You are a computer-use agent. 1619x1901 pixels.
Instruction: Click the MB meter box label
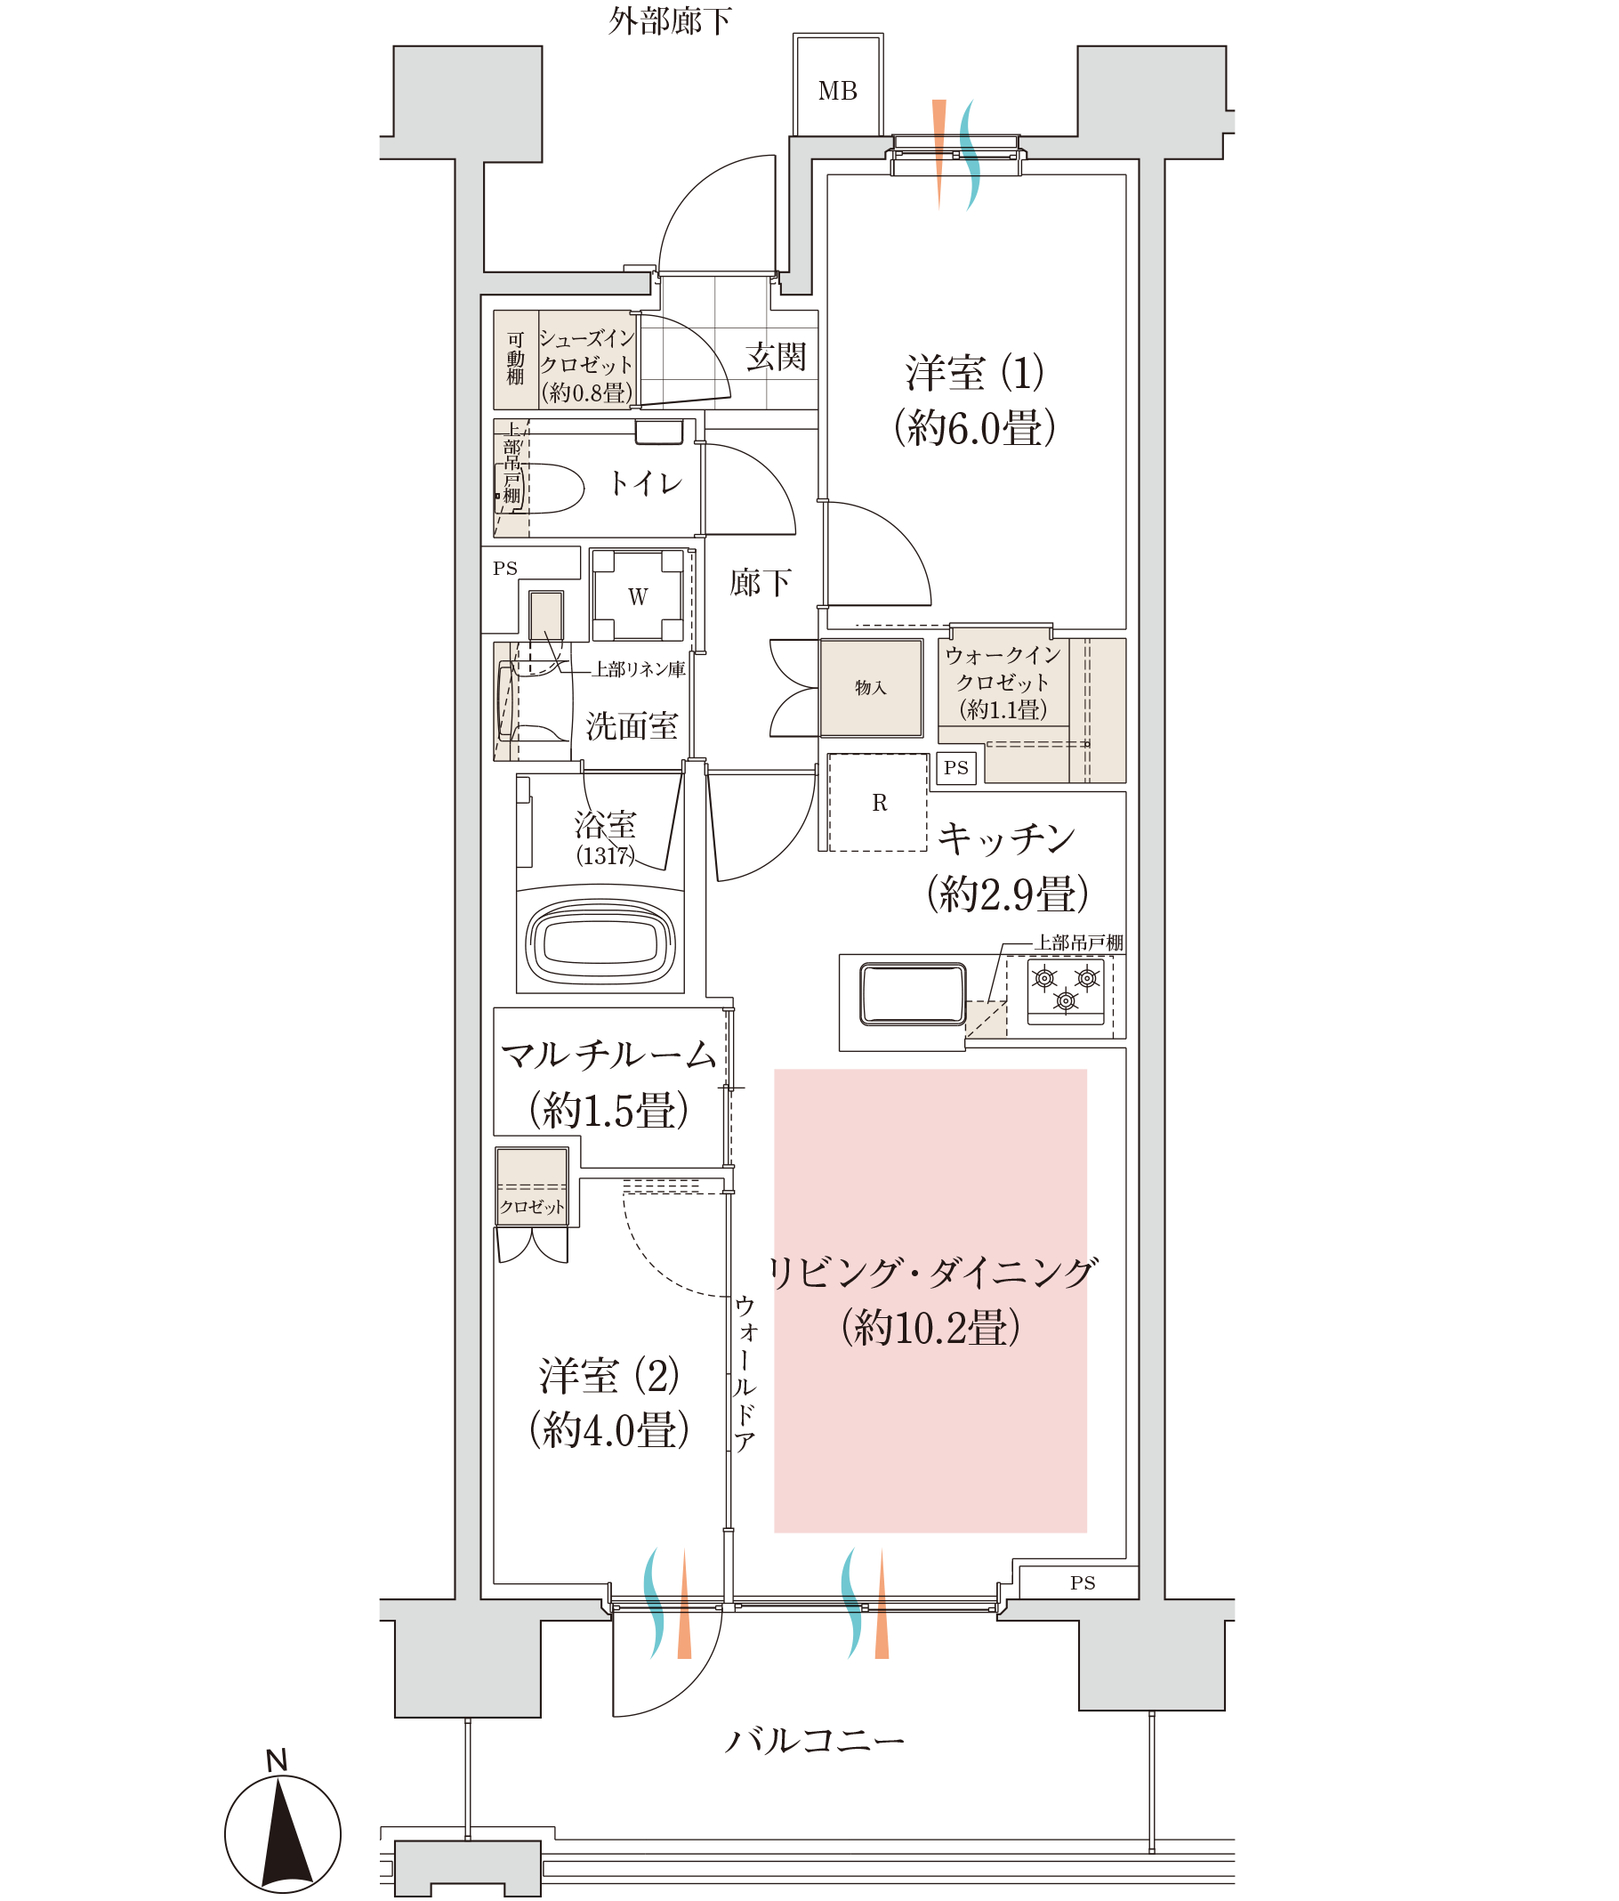[x=836, y=91]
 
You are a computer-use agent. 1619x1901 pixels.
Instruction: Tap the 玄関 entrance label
[x=775, y=356]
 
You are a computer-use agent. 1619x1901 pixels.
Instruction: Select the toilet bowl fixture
[x=541, y=487]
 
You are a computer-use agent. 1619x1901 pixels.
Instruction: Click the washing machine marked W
[x=638, y=595]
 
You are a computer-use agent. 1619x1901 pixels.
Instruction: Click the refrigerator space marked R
[x=878, y=802]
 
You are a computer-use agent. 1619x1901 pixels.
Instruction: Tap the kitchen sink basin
[x=912, y=993]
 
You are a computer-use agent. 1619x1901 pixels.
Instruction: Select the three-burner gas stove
[x=1065, y=991]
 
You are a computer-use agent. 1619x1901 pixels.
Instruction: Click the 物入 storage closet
[x=871, y=687]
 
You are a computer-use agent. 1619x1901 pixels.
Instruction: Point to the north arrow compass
[x=283, y=1833]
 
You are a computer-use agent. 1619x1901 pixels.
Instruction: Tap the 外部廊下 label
[x=670, y=20]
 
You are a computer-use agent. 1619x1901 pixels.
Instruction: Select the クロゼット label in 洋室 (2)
[x=532, y=1207]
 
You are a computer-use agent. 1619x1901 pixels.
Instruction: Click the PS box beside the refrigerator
[x=955, y=767]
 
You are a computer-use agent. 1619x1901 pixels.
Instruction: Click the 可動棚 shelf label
[x=516, y=359]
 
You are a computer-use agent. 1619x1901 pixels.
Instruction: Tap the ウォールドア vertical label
[x=744, y=1372]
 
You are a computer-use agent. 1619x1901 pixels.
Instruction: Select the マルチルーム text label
[x=608, y=1056]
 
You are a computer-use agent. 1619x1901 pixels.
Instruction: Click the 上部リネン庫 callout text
[x=640, y=669]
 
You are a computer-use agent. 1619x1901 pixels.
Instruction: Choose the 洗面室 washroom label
[x=632, y=725]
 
